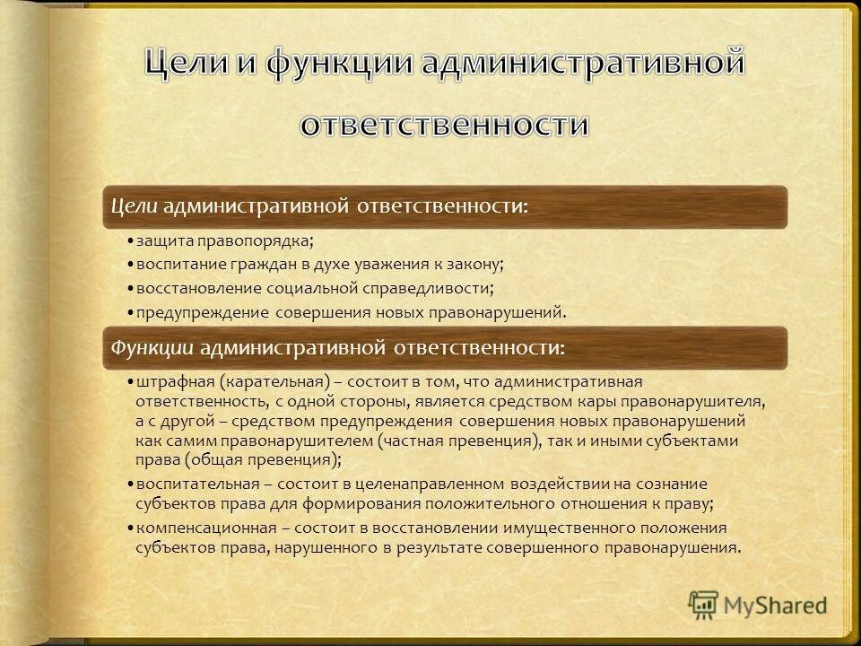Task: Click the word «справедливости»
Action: tap(430, 289)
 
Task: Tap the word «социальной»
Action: tap(314, 289)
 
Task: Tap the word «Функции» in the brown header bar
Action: tap(150, 346)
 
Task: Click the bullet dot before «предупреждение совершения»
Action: tap(130, 313)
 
